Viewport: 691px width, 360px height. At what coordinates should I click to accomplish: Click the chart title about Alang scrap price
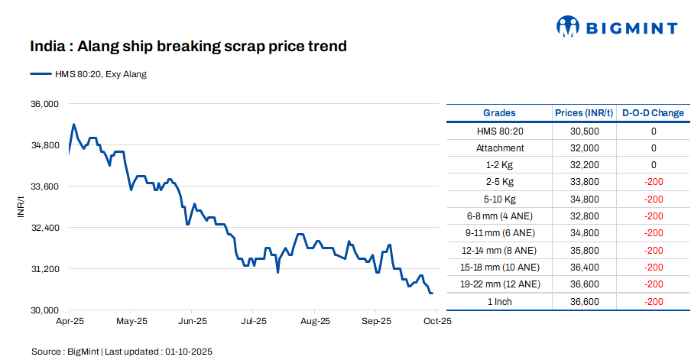point(188,47)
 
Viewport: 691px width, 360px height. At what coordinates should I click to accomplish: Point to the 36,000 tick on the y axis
point(44,103)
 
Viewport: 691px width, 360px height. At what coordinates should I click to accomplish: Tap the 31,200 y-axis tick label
point(44,269)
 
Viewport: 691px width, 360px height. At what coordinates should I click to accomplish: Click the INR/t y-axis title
point(21,206)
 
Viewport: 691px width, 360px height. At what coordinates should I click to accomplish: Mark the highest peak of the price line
point(73,124)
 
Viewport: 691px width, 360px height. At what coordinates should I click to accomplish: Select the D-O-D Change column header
point(653,113)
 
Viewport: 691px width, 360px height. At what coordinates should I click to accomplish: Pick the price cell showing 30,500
point(584,131)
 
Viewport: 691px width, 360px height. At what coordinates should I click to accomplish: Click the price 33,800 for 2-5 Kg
point(584,182)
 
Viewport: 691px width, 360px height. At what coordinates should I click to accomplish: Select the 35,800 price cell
point(584,250)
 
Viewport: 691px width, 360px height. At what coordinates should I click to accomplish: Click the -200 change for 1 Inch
point(653,302)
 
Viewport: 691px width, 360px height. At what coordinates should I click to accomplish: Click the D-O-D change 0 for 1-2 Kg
point(653,165)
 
